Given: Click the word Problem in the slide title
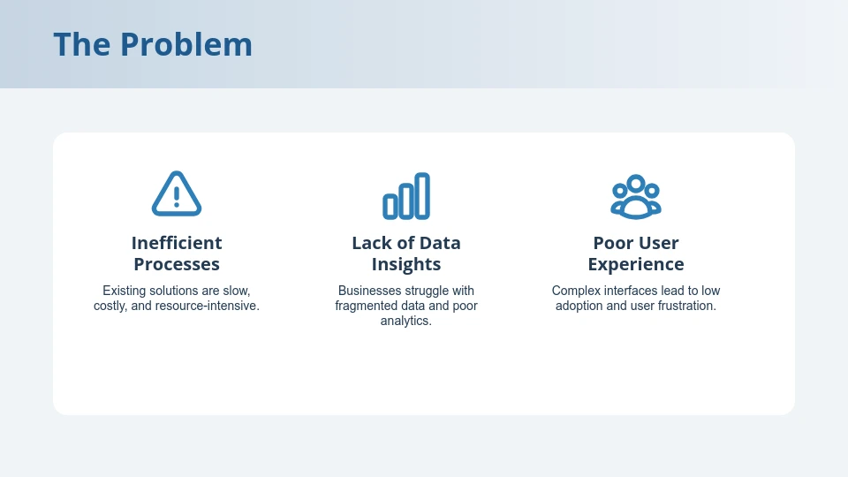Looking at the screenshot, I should (186, 44).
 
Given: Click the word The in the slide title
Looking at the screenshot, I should (82, 44).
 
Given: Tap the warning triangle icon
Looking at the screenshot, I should (177, 194).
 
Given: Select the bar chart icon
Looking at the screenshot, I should (406, 196).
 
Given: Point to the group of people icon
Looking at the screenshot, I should (636, 196).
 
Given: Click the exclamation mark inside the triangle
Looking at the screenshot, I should (177, 196).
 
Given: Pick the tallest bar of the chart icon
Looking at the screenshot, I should (422, 195).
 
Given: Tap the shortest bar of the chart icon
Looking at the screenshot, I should (390, 207).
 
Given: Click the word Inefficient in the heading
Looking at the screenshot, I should (177, 243).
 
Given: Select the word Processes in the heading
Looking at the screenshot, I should (177, 264).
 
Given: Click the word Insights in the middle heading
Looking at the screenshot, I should (406, 264).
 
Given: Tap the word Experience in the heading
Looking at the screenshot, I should (636, 264).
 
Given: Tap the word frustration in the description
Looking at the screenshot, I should (684, 307).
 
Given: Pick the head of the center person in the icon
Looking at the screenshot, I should (636, 185).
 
